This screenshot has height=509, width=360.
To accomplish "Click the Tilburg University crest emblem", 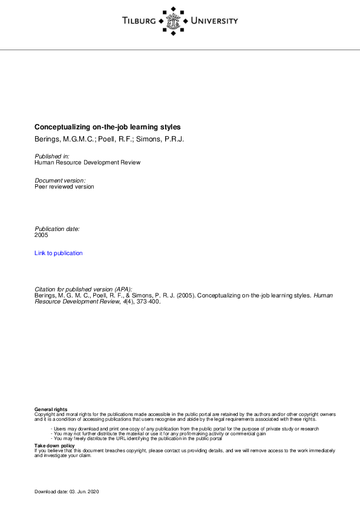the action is [x=174, y=21].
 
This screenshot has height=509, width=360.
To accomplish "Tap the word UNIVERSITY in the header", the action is [x=214, y=21].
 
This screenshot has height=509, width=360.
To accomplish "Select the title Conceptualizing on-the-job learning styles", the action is [x=107, y=128].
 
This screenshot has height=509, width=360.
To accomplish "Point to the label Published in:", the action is [x=52, y=157].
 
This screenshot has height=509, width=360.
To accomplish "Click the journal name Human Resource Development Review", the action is [x=87, y=163].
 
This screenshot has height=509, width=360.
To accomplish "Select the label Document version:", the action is [x=60, y=181].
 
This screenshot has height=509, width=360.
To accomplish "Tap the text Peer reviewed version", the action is [x=64, y=187].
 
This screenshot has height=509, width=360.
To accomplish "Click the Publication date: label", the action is [x=57, y=229].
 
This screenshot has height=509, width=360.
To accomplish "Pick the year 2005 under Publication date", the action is [x=41, y=235].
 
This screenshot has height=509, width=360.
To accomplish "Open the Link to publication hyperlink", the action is [x=59, y=253].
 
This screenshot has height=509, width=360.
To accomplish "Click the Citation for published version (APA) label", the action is [x=83, y=290].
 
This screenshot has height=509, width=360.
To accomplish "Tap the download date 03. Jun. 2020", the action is [x=83, y=493].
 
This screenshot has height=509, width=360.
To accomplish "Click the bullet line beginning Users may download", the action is [x=185, y=429].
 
